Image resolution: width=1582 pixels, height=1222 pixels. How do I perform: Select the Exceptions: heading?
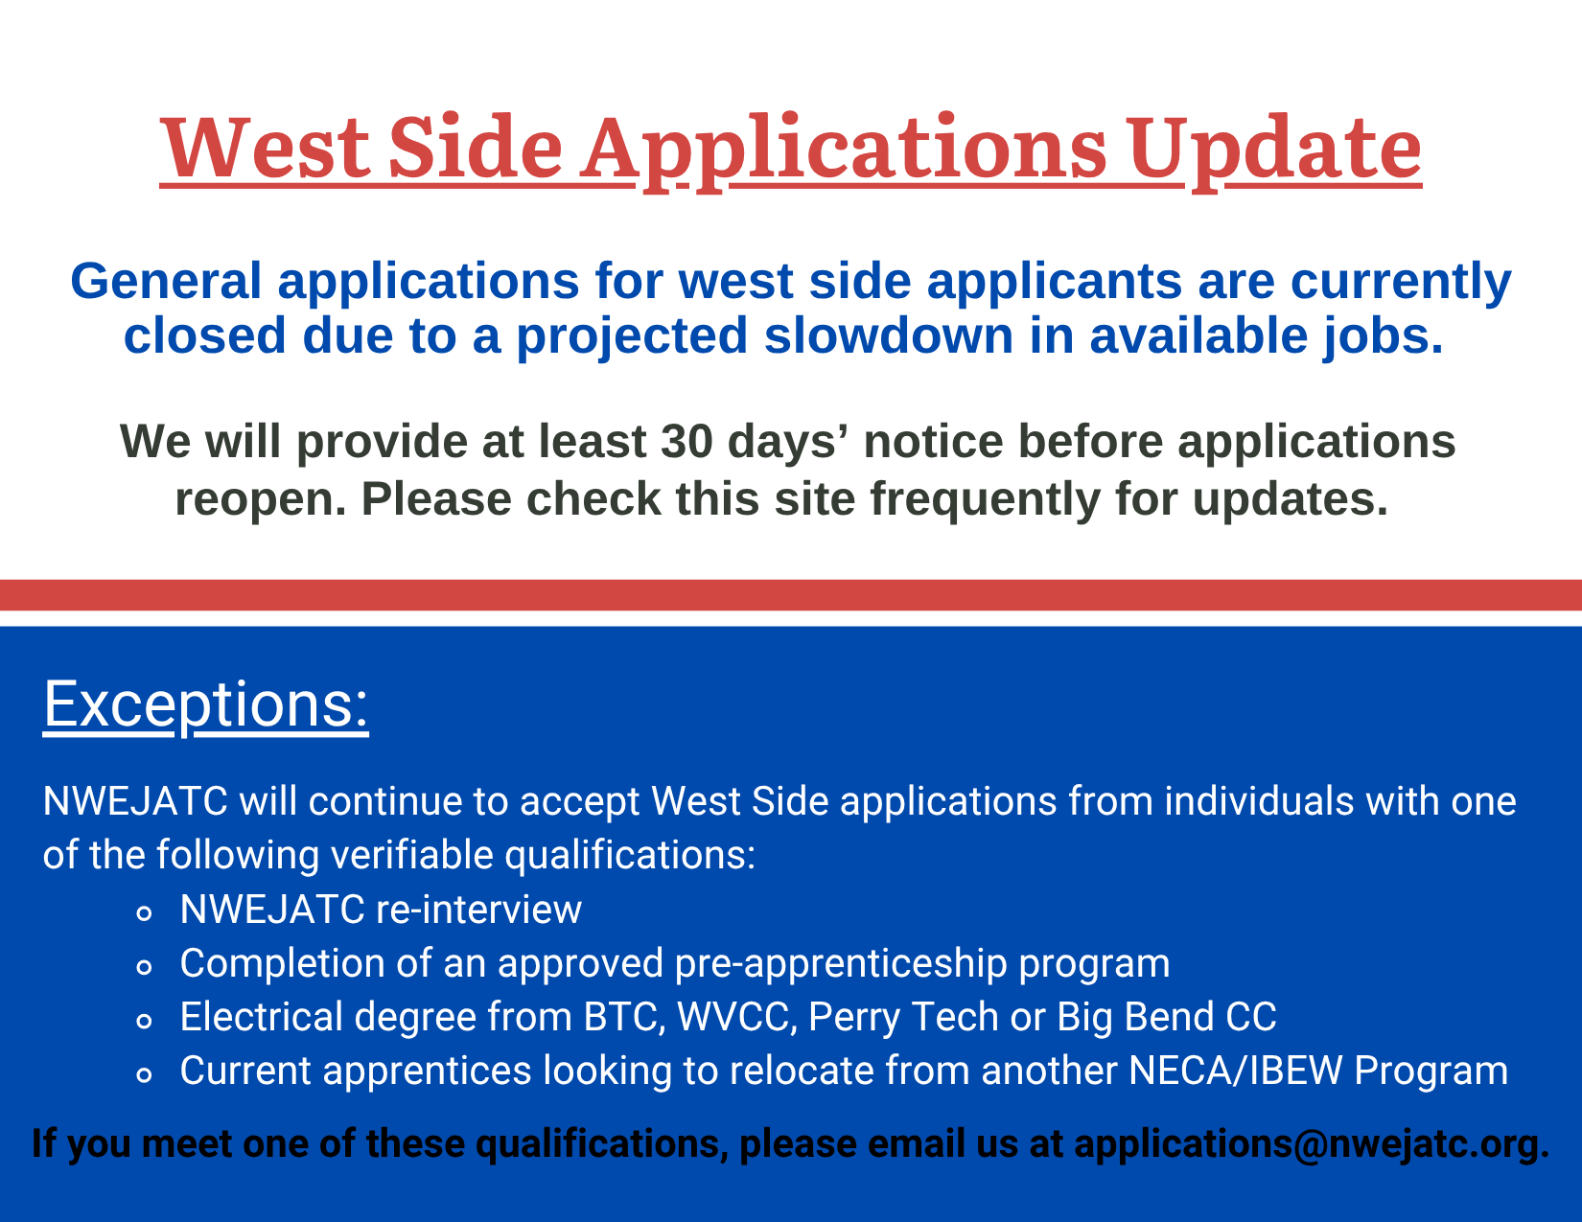point(206,705)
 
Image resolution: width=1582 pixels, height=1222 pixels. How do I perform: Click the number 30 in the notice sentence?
point(686,441)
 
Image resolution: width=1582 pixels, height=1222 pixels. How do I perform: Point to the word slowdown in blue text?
point(889,335)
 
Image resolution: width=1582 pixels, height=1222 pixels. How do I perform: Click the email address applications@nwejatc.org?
point(1312,1142)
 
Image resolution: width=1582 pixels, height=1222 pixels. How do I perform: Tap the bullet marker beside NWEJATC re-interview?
point(144,912)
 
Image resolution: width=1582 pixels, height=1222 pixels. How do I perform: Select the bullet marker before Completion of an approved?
point(144,966)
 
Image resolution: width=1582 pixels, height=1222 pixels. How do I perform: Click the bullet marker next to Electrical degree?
point(144,1021)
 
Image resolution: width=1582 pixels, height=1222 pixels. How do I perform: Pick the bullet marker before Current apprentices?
point(144,1074)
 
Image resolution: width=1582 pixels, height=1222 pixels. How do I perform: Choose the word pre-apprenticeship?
point(841,963)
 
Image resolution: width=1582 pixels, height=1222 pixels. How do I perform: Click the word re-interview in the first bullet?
point(478,909)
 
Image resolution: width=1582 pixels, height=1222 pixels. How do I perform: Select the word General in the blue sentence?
point(166,281)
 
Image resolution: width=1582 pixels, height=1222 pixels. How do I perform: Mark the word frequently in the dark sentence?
point(985,500)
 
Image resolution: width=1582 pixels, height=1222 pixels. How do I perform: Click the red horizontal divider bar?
point(791,595)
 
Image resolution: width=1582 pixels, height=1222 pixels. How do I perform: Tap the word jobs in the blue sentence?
point(1383,336)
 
